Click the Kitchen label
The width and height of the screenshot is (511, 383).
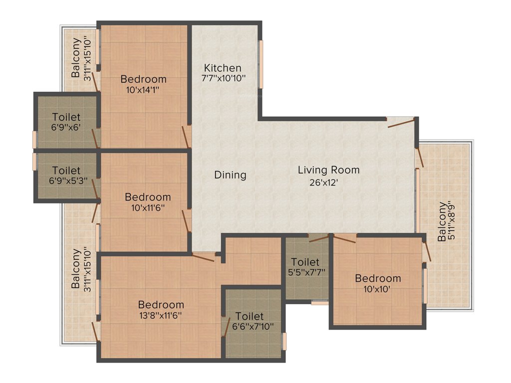pos(223,68)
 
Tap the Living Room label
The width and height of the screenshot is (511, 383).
pos(328,170)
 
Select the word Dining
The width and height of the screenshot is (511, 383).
pos(230,175)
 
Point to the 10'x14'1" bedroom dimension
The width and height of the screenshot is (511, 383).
pos(143,90)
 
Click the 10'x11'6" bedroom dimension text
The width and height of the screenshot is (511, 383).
pos(148,208)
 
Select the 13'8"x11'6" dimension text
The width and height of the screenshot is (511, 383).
pos(161,316)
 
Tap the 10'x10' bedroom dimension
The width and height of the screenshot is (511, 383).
pos(378,289)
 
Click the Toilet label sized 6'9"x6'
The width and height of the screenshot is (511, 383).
pos(66,117)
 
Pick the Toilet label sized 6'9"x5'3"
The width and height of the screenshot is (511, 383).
pos(66,171)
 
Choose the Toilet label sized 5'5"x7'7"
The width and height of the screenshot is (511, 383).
pos(305,262)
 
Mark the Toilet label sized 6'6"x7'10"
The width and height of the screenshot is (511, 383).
pos(250,316)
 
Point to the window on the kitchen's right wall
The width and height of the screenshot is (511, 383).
pos(260,64)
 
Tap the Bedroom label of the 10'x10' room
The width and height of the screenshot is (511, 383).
pos(378,278)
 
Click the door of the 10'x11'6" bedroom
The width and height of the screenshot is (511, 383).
pos(187,221)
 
